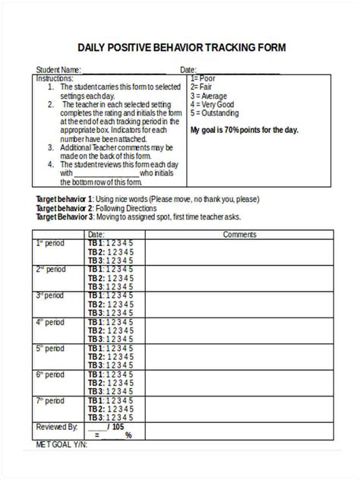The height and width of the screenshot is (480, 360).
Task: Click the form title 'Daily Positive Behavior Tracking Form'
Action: tap(181, 48)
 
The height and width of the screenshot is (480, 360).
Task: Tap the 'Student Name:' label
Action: tap(59, 70)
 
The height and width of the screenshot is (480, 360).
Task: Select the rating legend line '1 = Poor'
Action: tap(204, 78)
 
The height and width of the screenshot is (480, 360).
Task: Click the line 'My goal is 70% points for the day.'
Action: tap(244, 129)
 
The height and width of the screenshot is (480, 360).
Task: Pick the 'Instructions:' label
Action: tap(55, 78)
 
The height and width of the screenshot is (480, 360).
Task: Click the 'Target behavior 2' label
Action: tap(64, 207)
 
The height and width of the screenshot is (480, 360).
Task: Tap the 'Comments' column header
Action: tap(239, 234)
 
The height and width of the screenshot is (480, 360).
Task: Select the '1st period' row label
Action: tap(50, 243)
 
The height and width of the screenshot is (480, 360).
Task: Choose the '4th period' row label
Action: tap(50, 322)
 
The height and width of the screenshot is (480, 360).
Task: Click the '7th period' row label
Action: tap(50, 399)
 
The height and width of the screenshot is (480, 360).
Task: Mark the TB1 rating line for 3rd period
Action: tap(110, 295)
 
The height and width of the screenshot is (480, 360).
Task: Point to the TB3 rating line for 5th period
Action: tap(110, 365)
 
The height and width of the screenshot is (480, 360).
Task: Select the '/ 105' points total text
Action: tap(117, 426)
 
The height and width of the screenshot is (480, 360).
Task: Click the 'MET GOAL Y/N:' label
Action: tap(62, 445)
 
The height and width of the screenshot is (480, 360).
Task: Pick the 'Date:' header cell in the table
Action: tap(96, 234)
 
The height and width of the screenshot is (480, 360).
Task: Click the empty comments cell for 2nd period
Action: tap(239, 278)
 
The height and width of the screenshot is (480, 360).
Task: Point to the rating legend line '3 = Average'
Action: tap(210, 95)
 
